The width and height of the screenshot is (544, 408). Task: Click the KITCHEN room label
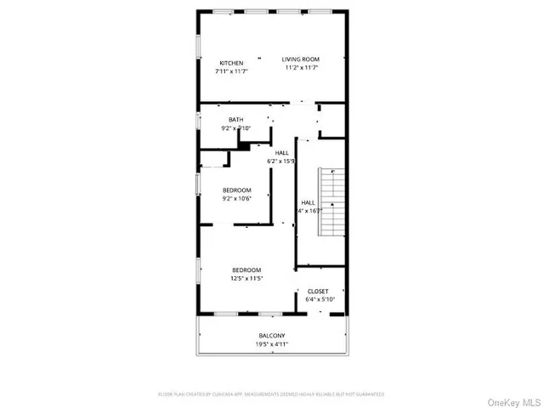pyautogui.click(x=231, y=64)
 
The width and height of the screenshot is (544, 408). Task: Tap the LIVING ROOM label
pyautogui.click(x=300, y=59)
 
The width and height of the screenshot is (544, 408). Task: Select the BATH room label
pyautogui.click(x=235, y=120)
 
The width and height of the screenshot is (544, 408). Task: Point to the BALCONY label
pyautogui.click(x=272, y=336)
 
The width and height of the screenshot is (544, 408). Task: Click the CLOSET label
pyautogui.click(x=318, y=292)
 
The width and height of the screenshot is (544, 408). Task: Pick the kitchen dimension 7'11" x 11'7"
pyautogui.click(x=231, y=72)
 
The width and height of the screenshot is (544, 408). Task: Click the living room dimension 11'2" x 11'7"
pyautogui.click(x=300, y=68)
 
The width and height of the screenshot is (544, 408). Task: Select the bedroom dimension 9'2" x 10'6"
pyautogui.click(x=237, y=199)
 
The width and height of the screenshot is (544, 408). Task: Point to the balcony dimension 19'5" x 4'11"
pyautogui.click(x=272, y=344)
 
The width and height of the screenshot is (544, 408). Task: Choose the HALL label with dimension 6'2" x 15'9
pyautogui.click(x=281, y=153)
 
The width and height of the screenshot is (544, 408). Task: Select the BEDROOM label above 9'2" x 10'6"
pyautogui.click(x=237, y=190)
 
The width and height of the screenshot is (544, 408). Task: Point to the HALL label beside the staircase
pyautogui.click(x=308, y=202)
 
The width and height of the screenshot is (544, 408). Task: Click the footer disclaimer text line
pyautogui.click(x=272, y=394)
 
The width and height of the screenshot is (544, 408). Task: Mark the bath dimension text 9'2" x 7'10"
pyautogui.click(x=235, y=128)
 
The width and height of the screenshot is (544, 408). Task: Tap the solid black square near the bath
pyautogui.click(x=243, y=146)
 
